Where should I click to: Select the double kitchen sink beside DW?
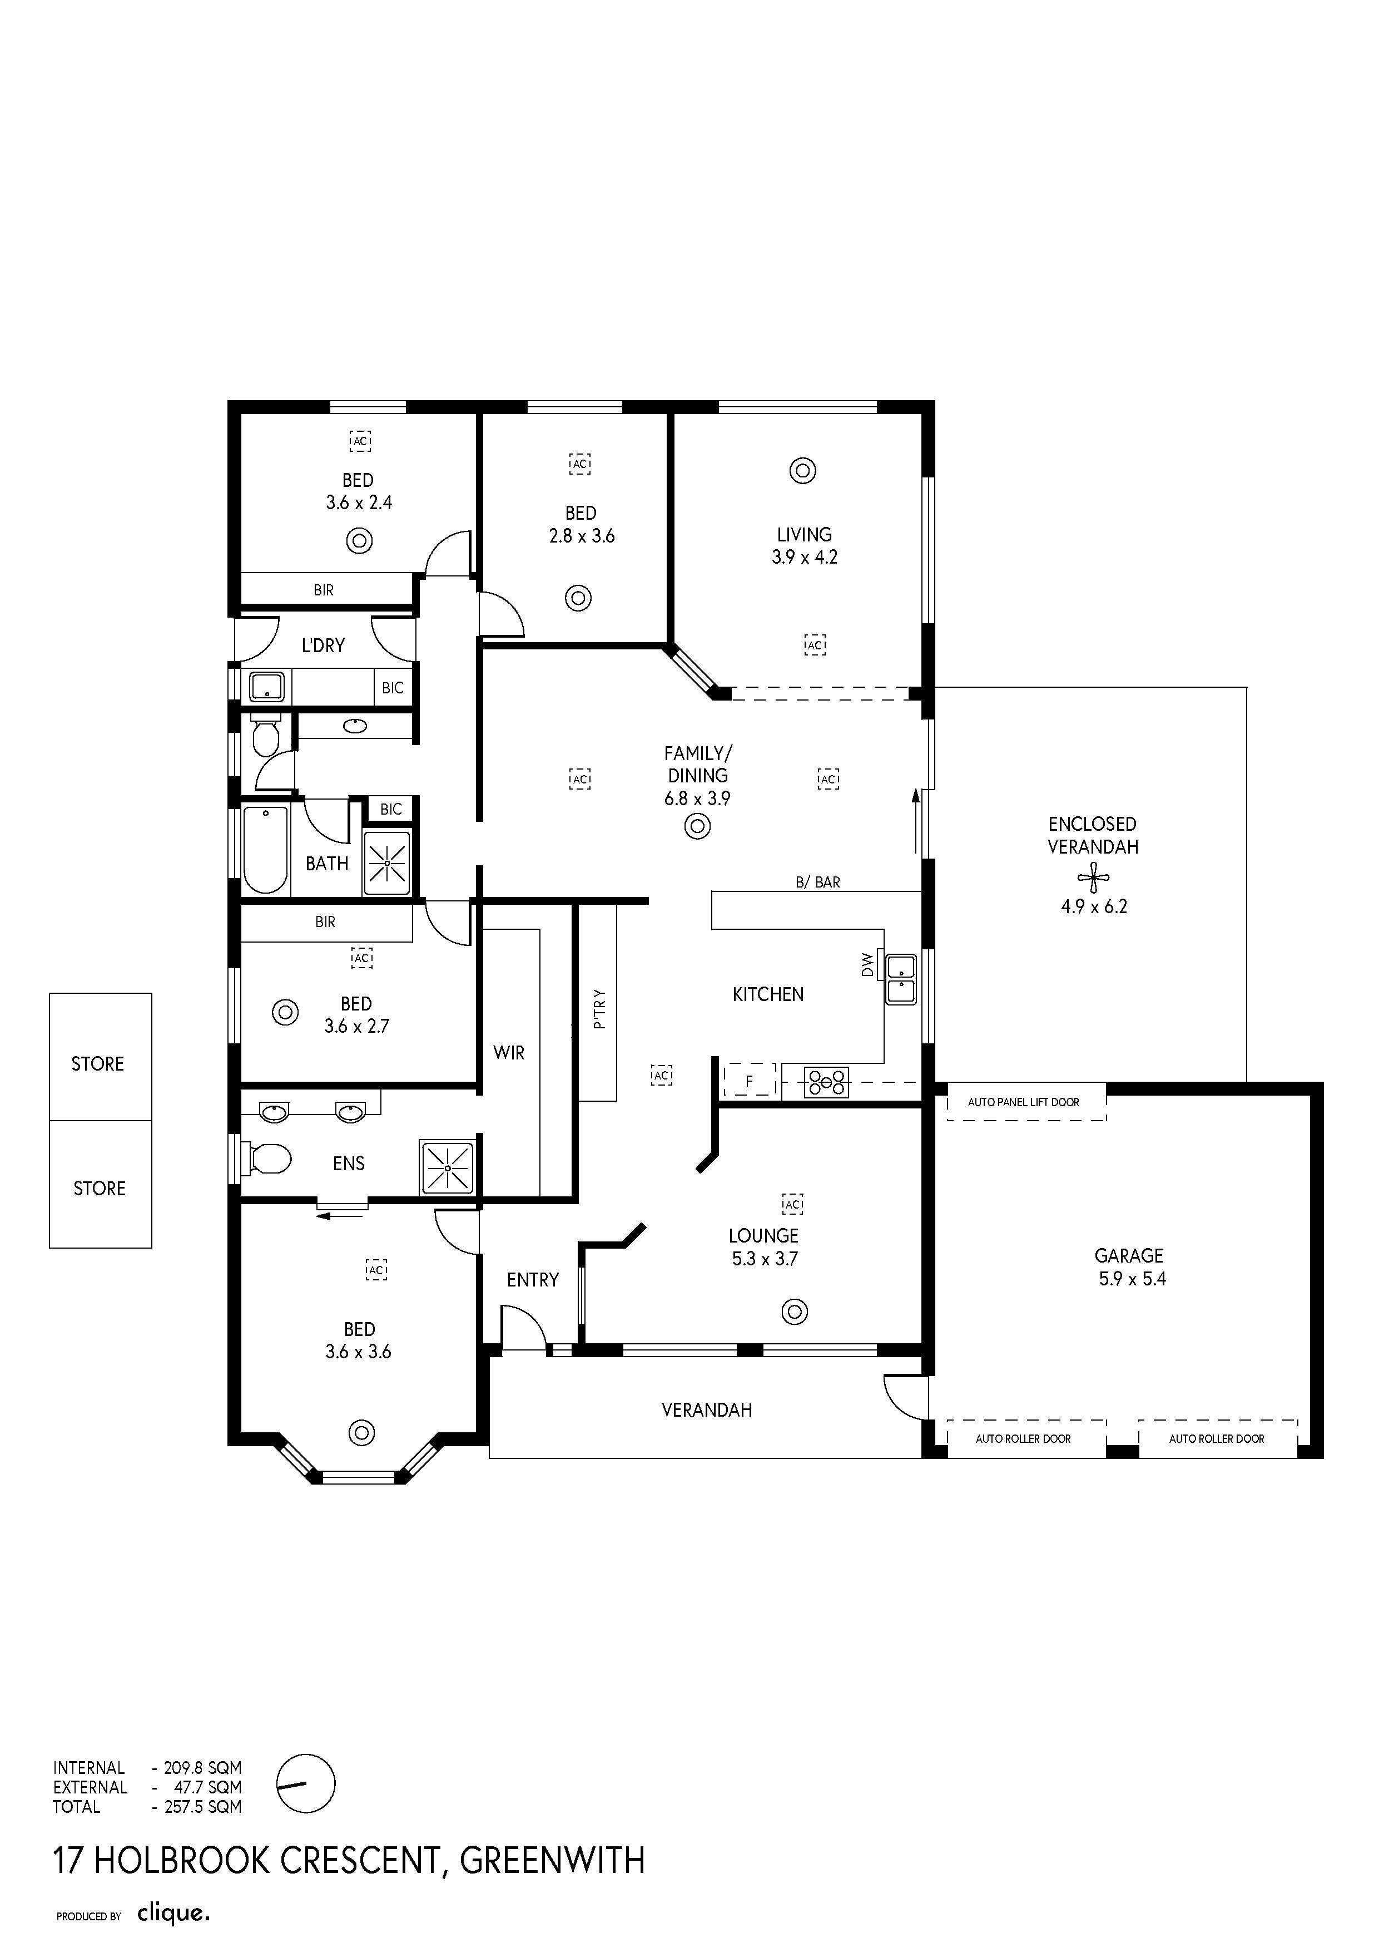tap(901, 979)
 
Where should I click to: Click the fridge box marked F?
tap(750, 1079)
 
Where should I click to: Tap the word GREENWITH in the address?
tap(552, 1861)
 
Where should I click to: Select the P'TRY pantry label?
tap(599, 1009)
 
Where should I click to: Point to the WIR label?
tap(509, 1053)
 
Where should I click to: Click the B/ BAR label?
tap(817, 883)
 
